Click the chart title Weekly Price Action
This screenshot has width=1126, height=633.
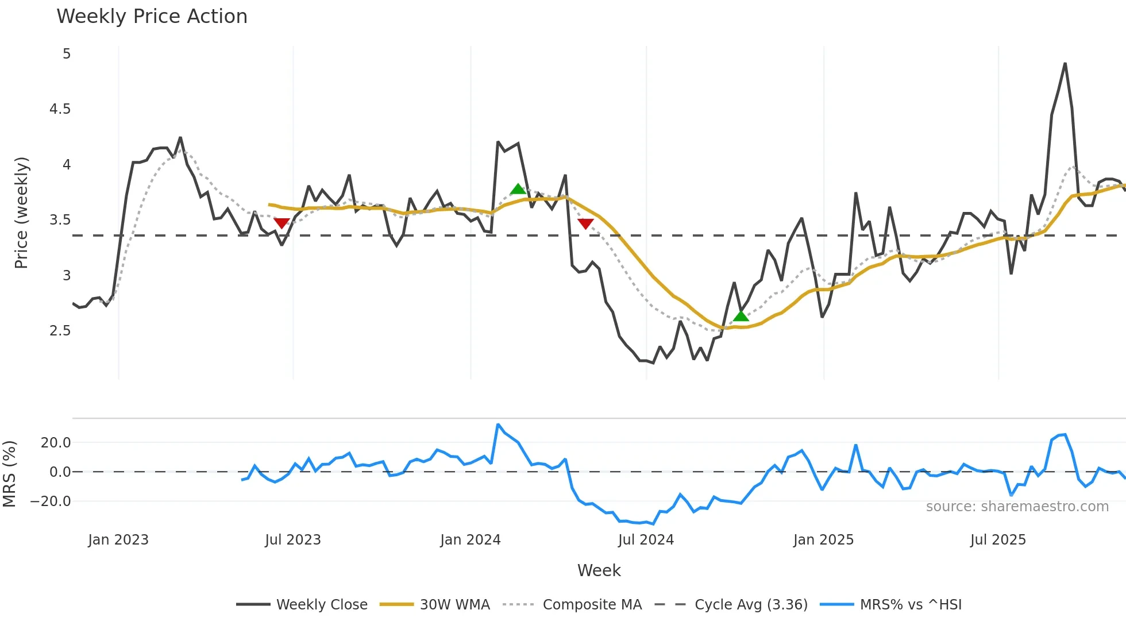pos(152,17)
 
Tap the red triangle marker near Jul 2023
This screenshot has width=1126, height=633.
pos(281,223)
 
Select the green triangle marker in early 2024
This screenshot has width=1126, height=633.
pos(518,189)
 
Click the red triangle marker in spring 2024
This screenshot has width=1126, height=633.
pos(585,223)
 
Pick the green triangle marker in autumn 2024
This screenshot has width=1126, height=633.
pos(741,315)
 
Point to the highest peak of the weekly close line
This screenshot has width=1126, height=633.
pos(1065,64)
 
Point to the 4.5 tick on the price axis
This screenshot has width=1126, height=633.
pos(60,109)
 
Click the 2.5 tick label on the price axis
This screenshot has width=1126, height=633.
pos(60,331)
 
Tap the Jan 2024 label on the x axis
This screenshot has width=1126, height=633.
pos(471,540)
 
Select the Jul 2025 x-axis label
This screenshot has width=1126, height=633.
pos(998,540)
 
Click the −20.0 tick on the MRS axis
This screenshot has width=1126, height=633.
pos(51,501)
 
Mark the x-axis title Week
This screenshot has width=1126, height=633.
pos(599,570)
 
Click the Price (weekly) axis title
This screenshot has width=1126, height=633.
pos(21,213)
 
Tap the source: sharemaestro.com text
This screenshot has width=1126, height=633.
pos(1017,507)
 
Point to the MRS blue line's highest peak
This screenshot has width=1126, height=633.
pos(498,424)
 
